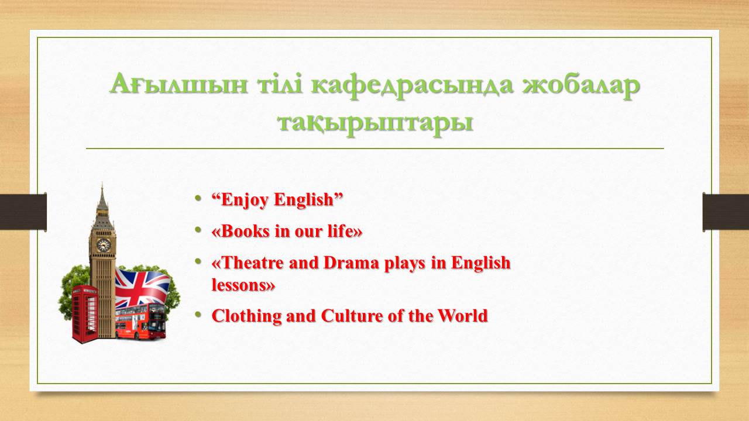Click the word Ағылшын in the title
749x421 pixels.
(178, 84)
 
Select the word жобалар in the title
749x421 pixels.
(581, 86)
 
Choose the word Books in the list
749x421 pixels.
(245, 231)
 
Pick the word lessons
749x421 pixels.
(239, 285)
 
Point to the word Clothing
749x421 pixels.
(247, 316)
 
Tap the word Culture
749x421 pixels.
(352, 316)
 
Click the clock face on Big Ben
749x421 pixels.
(104, 245)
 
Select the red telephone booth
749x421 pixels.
(85, 314)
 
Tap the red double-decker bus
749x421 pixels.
(140, 322)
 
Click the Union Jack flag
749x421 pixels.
(142, 288)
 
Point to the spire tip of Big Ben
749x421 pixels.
(102, 184)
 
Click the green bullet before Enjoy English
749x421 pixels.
(198, 198)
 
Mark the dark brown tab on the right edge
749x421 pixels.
(726, 212)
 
